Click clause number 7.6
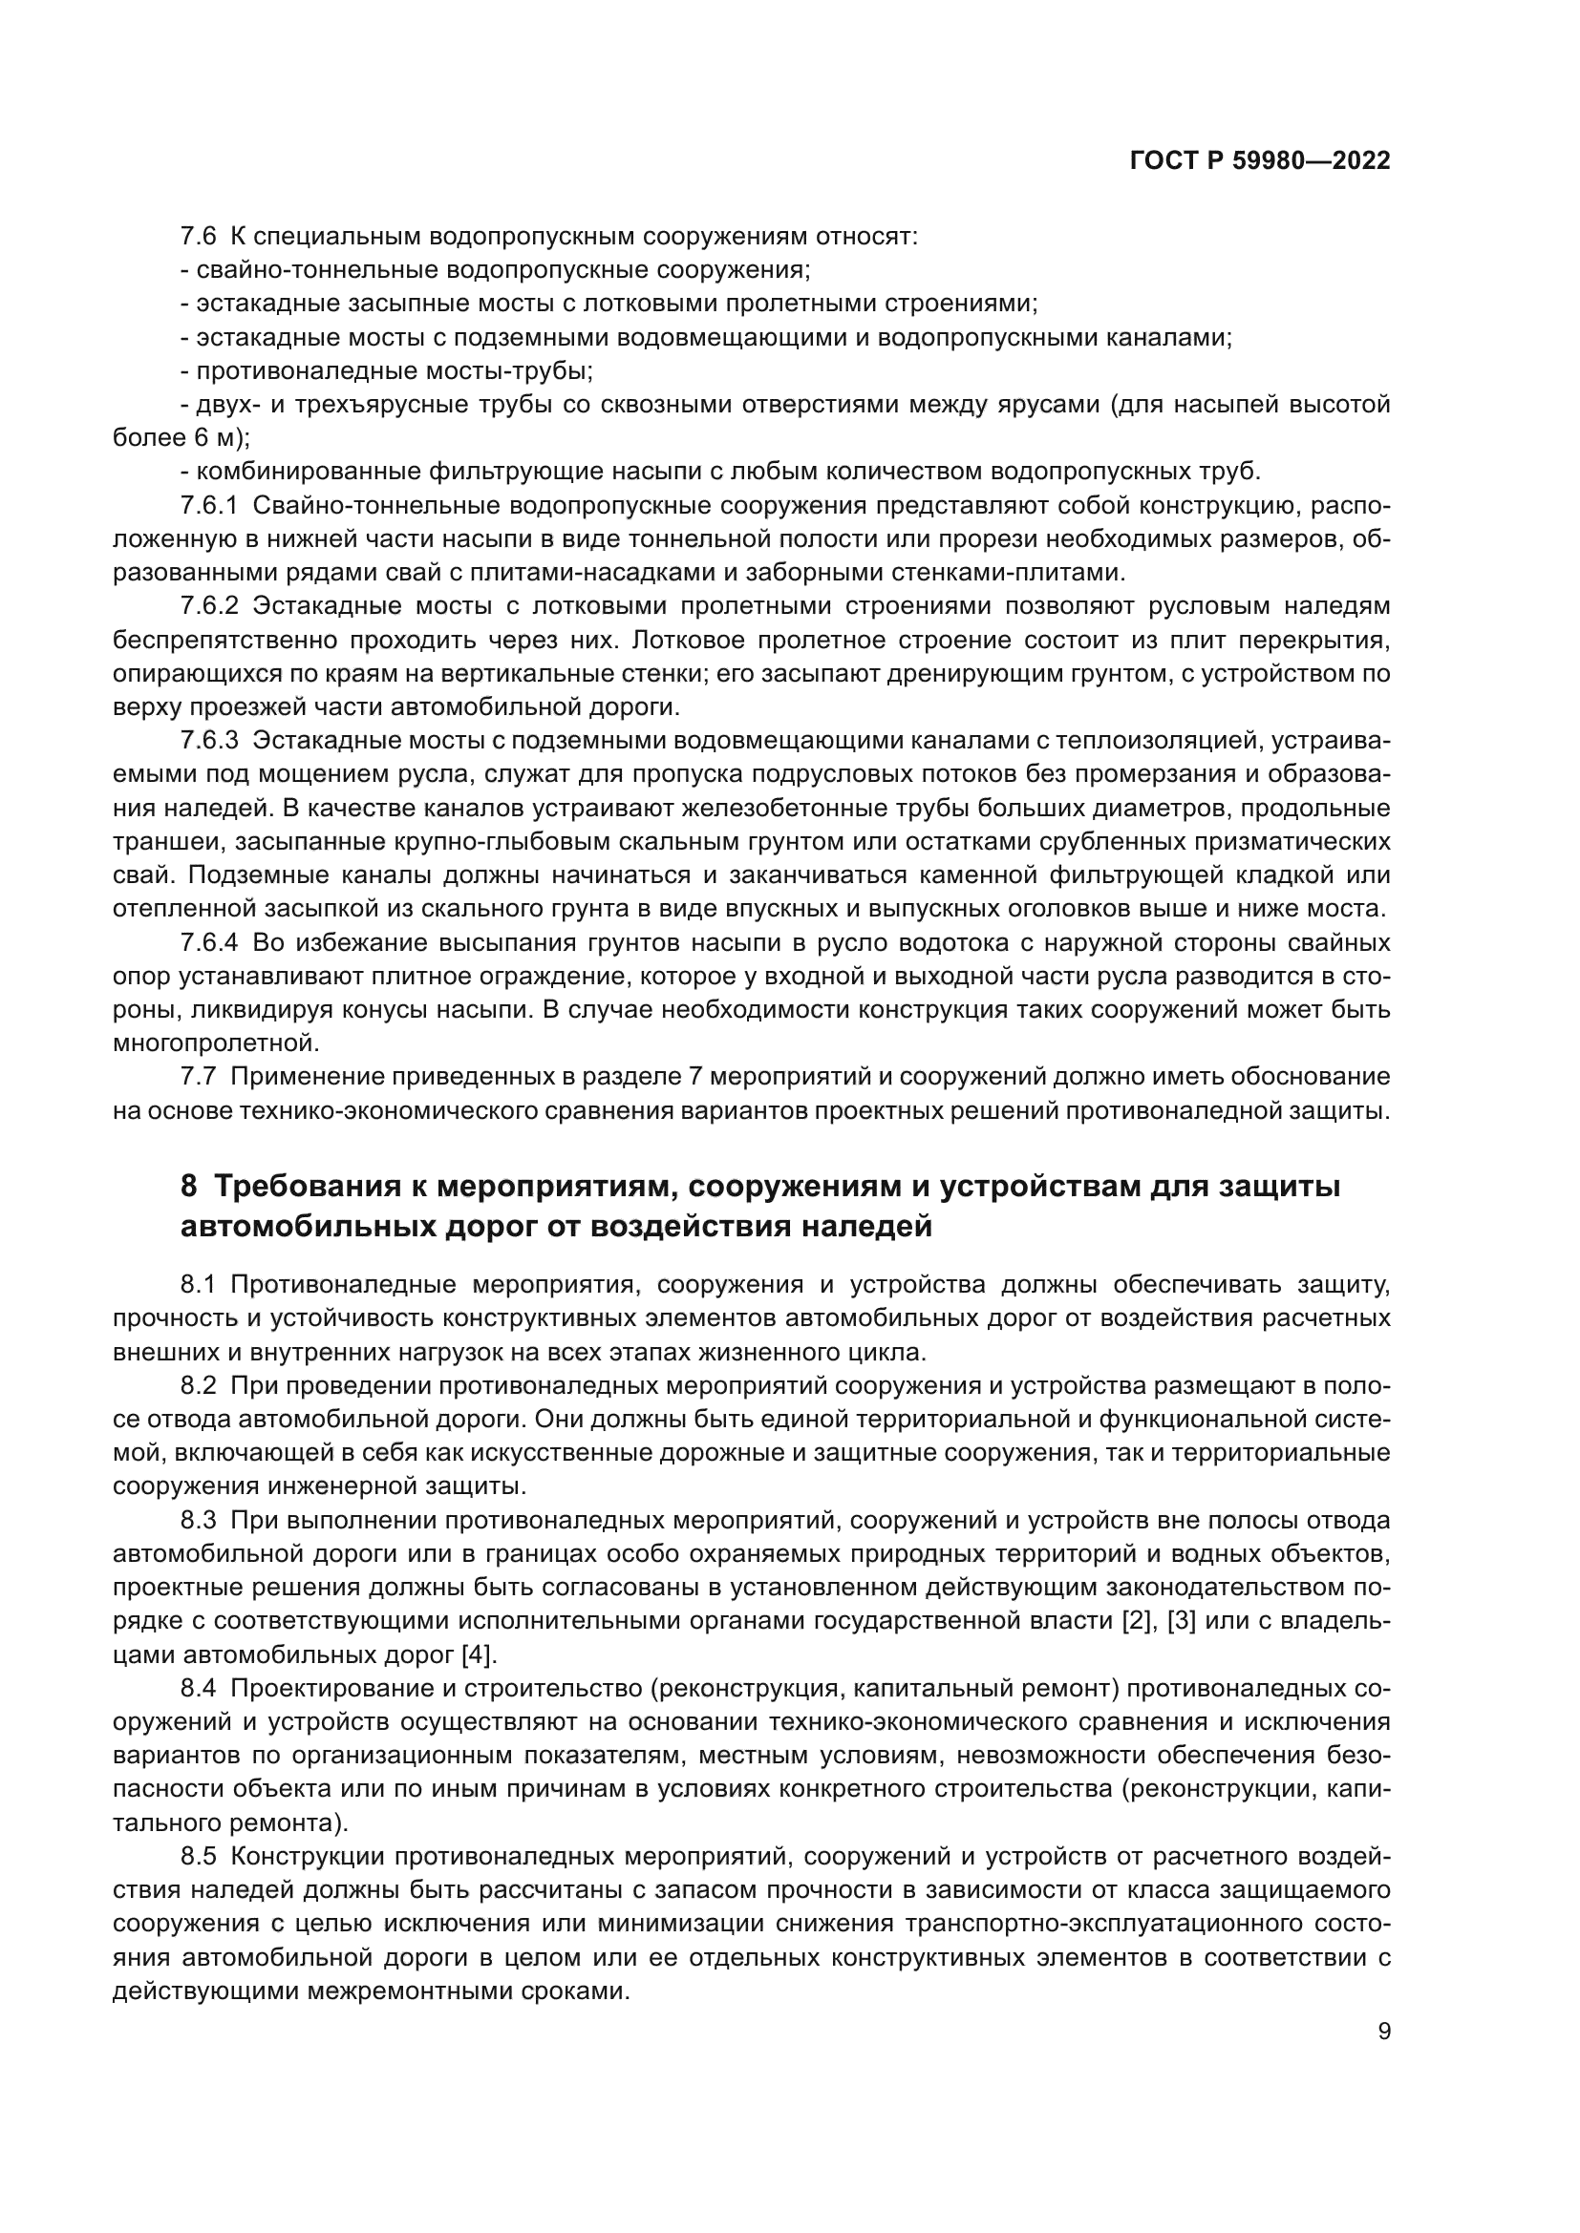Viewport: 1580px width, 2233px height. click(199, 237)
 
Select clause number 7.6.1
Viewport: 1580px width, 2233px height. click(209, 506)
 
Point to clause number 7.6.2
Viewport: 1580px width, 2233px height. click(209, 607)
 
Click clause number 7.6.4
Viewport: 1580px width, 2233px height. click(209, 942)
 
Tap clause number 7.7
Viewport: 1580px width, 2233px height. click(199, 1077)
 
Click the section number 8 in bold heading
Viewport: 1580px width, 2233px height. click(190, 1187)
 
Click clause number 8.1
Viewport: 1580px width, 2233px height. click(199, 1285)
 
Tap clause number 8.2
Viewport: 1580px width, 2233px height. click(199, 1385)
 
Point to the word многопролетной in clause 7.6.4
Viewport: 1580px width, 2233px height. click(216, 1043)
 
